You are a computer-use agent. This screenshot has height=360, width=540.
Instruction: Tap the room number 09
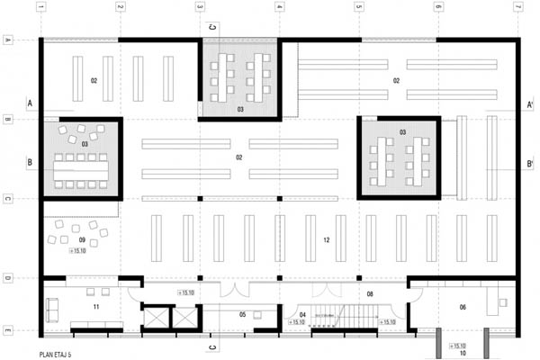pyautogui.click(x=82, y=240)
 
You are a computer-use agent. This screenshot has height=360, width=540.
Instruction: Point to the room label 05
pyautogui.click(x=242, y=314)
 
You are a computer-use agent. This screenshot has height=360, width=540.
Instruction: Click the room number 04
pyautogui.click(x=302, y=314)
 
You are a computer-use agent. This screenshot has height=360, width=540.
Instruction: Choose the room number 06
pyautogui.click(x=463, y=307)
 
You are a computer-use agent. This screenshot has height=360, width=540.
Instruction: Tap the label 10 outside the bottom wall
pyautogui.click(x=463, y=354)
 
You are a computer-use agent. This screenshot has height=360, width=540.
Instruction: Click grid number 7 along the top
pyautogui.click(x=517, y=8)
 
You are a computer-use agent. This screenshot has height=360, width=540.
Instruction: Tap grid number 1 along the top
pyautogui.click(x=41, y=8)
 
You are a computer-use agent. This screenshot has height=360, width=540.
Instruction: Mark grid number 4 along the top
pyautogui.click(x=279, y=8)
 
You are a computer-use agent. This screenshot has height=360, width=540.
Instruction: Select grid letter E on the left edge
pyautogui.click(x=8, y=332)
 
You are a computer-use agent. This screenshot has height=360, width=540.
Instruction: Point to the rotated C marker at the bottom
pyautogui.click(x=212, y=346)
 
